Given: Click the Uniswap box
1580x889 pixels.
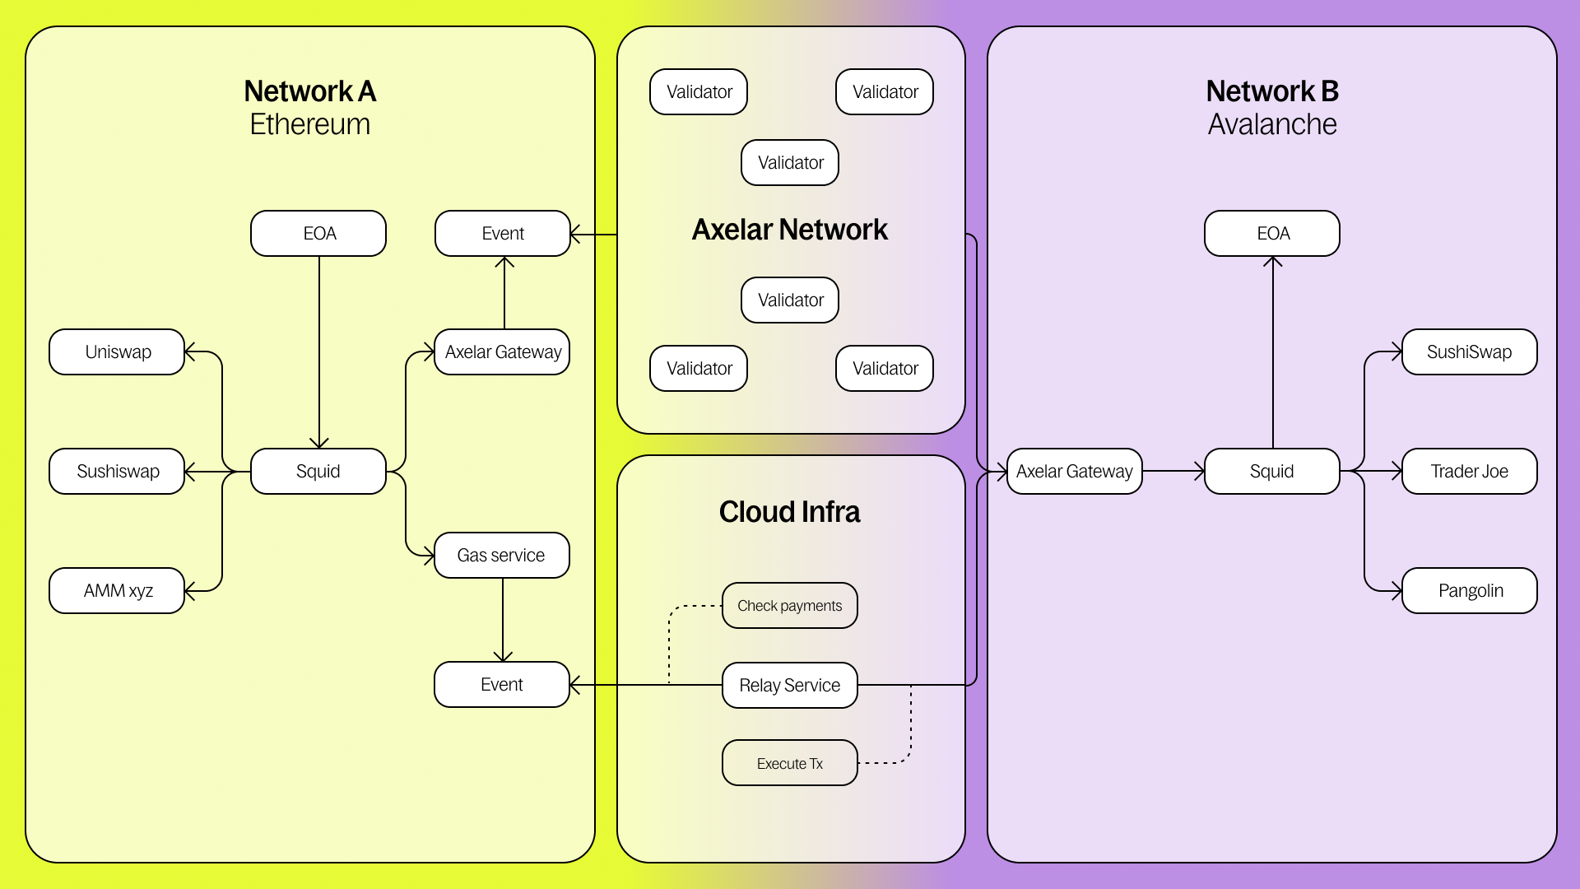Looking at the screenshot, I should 117,352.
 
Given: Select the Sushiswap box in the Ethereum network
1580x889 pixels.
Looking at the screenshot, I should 117,472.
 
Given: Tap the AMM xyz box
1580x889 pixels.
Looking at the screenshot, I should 117,591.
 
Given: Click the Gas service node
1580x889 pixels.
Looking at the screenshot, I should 501,556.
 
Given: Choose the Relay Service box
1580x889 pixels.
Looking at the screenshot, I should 789,686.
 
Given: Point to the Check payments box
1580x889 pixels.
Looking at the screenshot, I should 789,606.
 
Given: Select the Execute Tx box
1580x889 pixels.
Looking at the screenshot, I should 789,764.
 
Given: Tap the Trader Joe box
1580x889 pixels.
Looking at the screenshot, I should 1469,472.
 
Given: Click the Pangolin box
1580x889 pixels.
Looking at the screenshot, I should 1469,591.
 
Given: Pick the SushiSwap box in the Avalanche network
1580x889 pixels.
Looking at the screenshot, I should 1469,352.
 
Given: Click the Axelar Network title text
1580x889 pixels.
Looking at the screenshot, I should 789,230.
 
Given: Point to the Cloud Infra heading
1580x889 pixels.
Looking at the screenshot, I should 789,512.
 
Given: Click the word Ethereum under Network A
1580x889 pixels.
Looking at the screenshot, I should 310,124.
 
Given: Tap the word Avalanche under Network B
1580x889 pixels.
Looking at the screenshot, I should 1272,124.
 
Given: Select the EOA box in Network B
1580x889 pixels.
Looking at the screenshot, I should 1272,234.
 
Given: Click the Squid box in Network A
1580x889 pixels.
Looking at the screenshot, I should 318,472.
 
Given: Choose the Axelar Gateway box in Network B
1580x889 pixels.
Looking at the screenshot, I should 1074,472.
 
